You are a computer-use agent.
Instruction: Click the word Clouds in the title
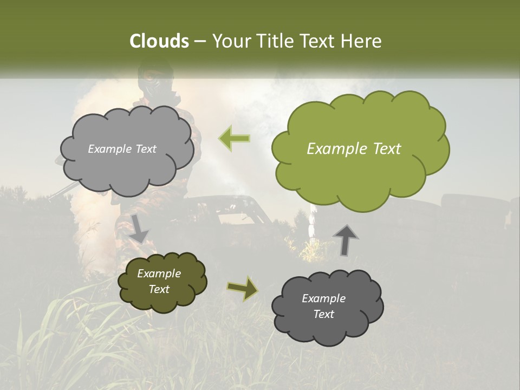[159, 41]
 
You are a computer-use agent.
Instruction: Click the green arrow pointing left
[235, 138]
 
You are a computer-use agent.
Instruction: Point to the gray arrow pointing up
[346, 240]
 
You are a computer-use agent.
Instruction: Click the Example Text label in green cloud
[354, 149]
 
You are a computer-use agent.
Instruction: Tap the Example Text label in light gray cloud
[122, 149]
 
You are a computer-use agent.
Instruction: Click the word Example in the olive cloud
[159, 274]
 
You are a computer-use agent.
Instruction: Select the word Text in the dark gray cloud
[323, 314]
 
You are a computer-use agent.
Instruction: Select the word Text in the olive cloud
[159, 289]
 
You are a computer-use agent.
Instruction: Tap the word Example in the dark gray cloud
[323, 298]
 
